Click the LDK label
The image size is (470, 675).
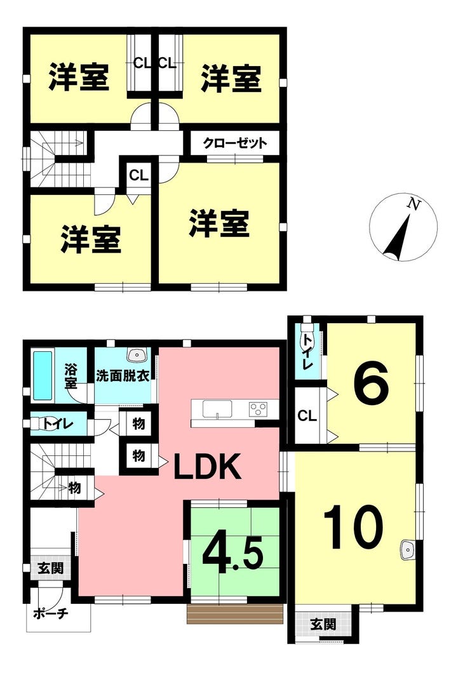coord(207,467)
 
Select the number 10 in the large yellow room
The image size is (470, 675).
coord(353,527)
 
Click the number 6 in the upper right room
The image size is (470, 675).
coord(372,384)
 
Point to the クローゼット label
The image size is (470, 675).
coord(235,143)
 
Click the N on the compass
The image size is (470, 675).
coord(413,204)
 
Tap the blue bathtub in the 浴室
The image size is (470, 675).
coord(43,375)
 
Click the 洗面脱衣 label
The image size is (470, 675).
coord(123,376)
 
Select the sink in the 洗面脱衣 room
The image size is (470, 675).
coord(138,356)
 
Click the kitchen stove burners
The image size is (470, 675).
coord(258,408)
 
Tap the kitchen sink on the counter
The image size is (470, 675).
coord(217,409)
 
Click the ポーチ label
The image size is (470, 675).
coord(51,613)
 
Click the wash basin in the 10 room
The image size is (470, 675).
coord(407,550)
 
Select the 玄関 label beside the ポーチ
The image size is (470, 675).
coord(51,569)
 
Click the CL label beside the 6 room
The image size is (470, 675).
coord(307,415)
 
